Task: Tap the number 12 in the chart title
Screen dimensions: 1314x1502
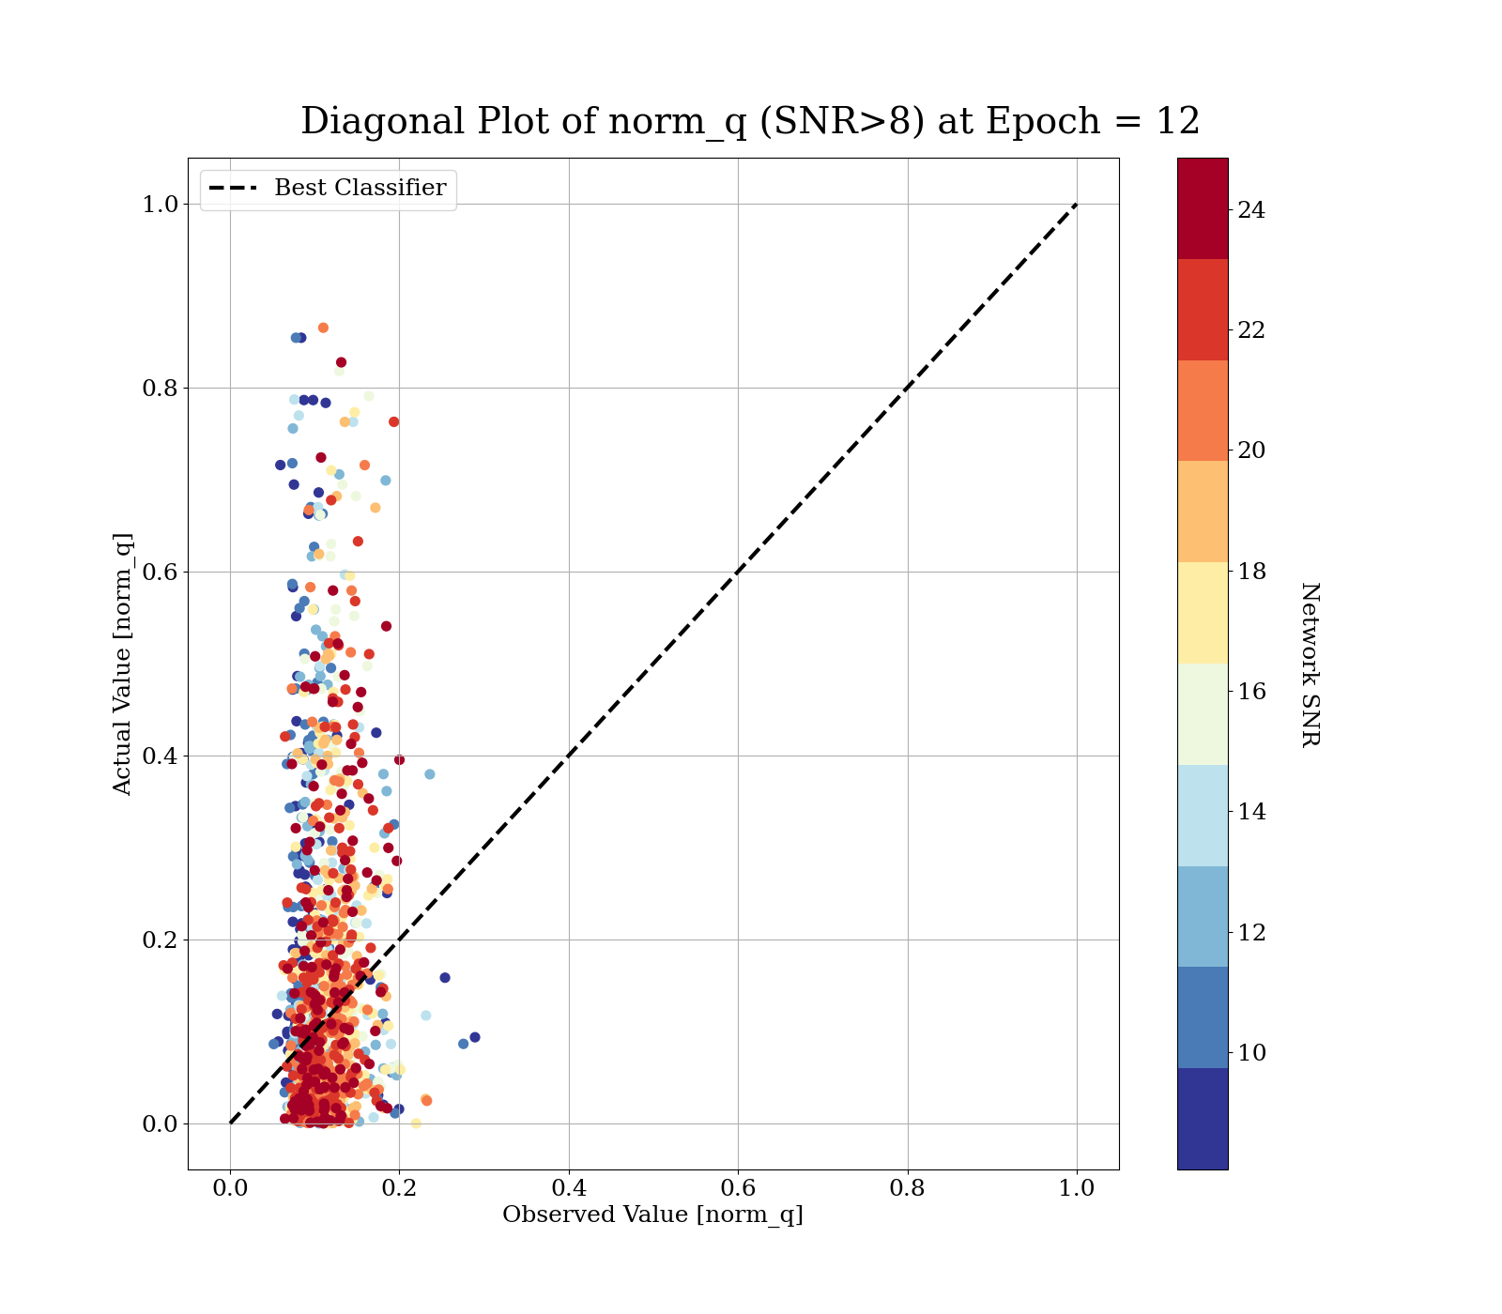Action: coord(1177,122)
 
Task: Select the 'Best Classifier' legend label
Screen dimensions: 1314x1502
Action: coord(360,188)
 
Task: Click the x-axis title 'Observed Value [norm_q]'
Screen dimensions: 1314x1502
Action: coord(652,1215)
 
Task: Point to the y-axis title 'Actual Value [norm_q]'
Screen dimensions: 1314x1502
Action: coord(123,664)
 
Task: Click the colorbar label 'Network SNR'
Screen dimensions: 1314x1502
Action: coord(1310,664)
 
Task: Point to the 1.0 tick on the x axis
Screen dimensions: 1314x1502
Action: coord(1077,1188)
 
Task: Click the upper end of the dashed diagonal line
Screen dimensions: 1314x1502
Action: coord(1076,205)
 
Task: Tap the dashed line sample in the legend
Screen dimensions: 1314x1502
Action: coord(232,189)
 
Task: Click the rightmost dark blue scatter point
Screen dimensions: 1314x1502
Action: coord(475,1037)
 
